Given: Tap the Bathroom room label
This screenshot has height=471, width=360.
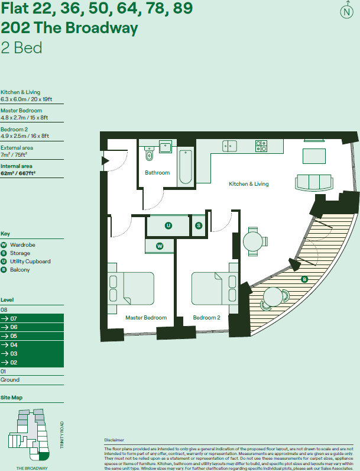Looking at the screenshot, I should pyautogui.click(x=157, y=173).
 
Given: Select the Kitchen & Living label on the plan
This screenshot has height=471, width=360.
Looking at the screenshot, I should pyautogui.click(x=248, y=184).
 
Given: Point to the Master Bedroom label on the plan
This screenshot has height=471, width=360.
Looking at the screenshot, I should pyautogui.click(x=146, y=318).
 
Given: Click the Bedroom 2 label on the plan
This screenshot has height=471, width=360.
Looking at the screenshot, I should pyautogui.click(x=206, y=318).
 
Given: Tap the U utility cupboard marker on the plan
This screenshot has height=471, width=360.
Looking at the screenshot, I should pyautogui.click(x=168, y=225).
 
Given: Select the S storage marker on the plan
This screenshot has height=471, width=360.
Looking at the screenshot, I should pyautogui.click(x=199, y=225).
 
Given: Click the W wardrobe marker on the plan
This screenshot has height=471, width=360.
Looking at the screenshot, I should pyautogui.click(x=160, y=246).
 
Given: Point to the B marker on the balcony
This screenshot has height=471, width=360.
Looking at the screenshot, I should pyautogui.click(x=304, y=279).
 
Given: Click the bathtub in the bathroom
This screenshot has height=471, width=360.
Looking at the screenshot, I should pyautogui.click(x=184, y=166).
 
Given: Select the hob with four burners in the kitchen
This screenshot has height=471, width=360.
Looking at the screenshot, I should pyautogui.click(x=261, y=146).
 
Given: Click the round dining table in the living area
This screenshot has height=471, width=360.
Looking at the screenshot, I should pyautogui.click(x=254, y=242).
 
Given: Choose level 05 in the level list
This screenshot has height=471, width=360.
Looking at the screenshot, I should pyautogui.click(x=32, y=335).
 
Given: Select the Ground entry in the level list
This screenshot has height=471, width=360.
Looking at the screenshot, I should pyautogui.click(x=10, y=380).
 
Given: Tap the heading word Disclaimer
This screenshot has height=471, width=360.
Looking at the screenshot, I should pyautogui.click(x=114, y=441).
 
